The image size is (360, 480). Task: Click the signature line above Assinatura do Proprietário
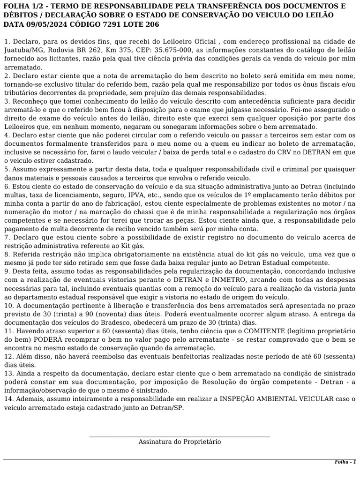(x=180, y=437)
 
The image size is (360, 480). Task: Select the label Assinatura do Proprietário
(x=180, y=442)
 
